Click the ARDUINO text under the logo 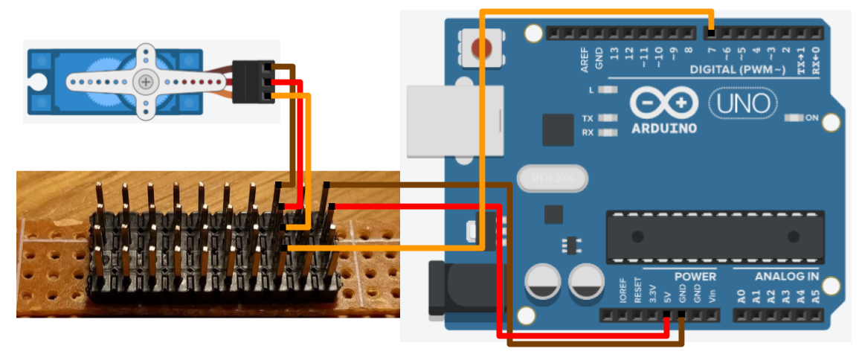(x=664, y=128)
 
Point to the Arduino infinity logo (x=664, y=103)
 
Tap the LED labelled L (x=608, y=90)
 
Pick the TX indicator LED (x=608, y=118)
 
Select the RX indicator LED (x=608, y=132)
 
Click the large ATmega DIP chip (x=714, y=237)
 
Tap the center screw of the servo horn (x=146, y=81)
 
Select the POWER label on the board (x=695, y=277)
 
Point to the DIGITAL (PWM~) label (x=737, y=70)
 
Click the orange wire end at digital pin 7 (x=712, y=33)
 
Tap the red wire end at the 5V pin (x=666, y=315)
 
